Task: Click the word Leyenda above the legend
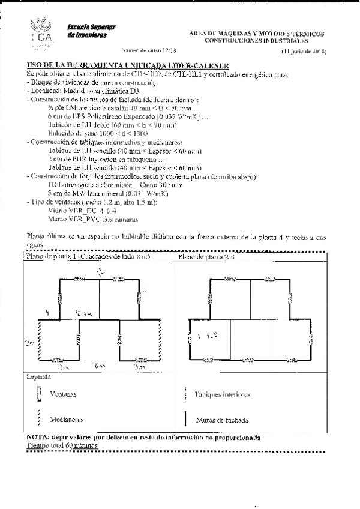click(38, 378)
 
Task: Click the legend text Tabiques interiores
click(222, 394)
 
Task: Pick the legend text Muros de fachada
click(221, 420)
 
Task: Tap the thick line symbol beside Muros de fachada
click(186, 419)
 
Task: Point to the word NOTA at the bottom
click(39, 438)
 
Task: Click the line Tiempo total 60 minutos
click(62, 446)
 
